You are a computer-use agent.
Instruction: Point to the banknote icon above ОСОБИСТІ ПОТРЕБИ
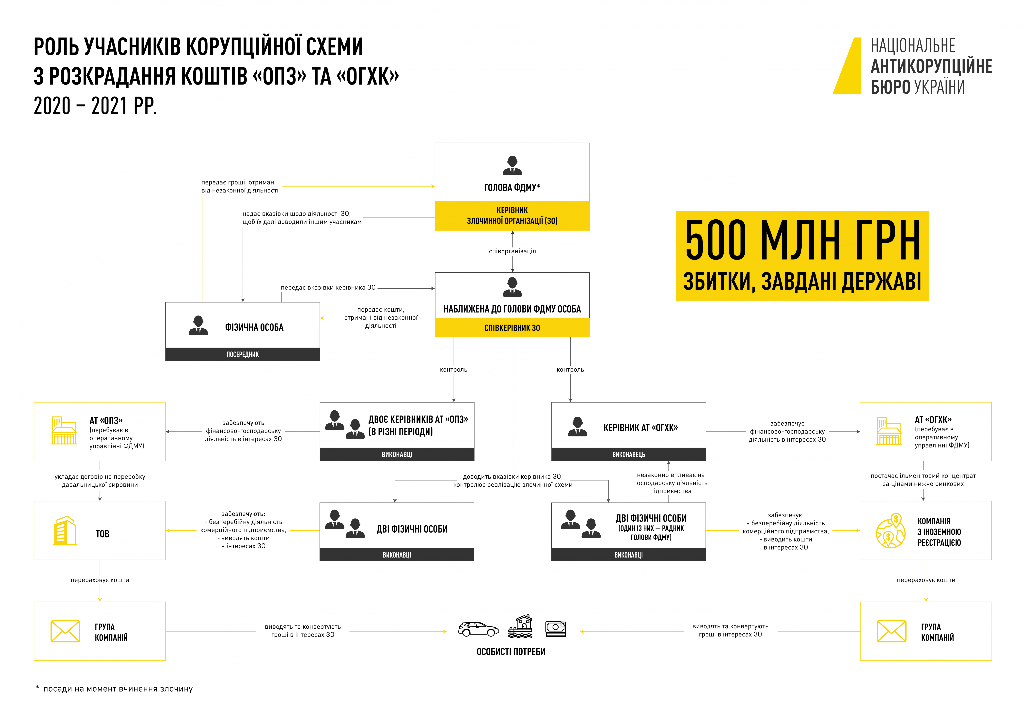[555, 629]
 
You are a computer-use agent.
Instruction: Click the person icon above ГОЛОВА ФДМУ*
[512, 165]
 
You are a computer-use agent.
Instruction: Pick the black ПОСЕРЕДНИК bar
[243, 354]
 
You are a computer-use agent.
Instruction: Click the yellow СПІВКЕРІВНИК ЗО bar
[512, 328]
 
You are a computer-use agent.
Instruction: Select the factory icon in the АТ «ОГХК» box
[889, 431]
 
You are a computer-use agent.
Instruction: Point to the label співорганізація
[512, 251]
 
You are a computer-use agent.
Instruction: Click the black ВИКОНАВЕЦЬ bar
[629, 454]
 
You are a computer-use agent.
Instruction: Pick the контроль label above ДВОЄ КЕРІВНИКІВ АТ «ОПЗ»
[453, 370]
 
